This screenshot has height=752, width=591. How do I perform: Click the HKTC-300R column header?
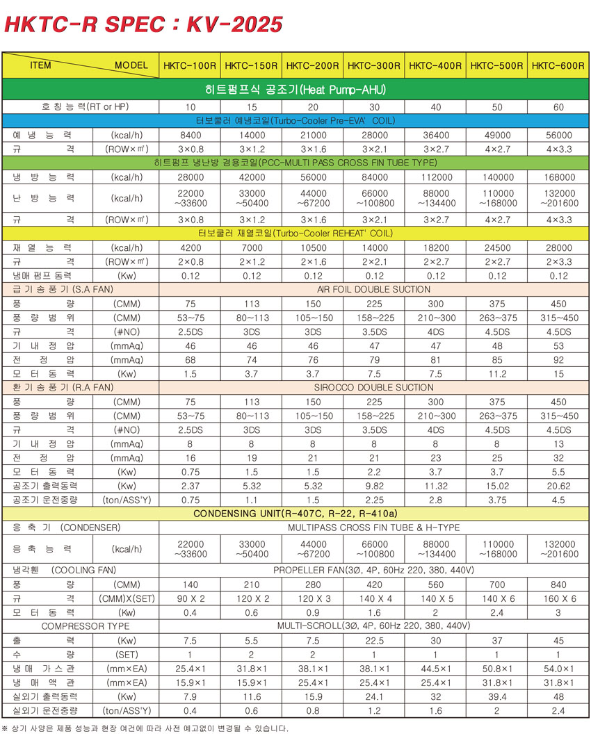[373, 66]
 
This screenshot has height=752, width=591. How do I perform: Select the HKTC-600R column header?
[558, 66]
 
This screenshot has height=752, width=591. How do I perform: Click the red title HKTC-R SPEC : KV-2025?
[143, 25]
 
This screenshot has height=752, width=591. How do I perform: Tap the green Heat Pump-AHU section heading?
[295, 90]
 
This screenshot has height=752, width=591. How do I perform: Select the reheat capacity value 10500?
[312, 247]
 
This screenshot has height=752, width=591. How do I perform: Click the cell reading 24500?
[496, 247]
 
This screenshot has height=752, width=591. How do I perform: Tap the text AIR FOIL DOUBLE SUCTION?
[373, 289]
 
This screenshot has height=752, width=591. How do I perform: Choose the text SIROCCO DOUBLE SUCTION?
[373, 387]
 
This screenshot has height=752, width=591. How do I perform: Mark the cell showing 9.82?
[373, 486]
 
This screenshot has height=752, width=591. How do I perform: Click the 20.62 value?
[558, 486]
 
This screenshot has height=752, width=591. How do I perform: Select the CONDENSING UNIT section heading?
[295, 514]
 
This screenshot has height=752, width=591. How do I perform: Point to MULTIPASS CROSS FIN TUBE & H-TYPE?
[373, 528]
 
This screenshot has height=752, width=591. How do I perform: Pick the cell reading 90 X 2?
[190, 598]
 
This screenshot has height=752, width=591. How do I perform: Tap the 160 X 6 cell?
[558, 598]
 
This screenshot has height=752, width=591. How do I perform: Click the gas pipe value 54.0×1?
[558, 669]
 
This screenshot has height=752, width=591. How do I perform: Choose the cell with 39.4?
[496, 696]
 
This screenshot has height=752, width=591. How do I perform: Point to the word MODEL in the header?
[131, 66]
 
